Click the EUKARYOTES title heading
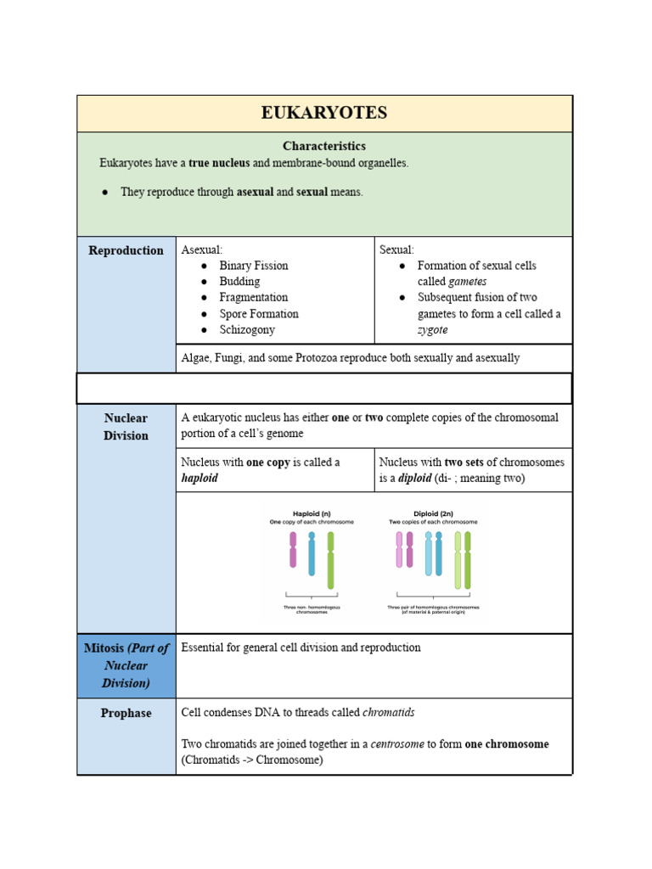pyautogui.click(x=324, y=113)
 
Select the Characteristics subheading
pyautogui.click(x=324, y=146)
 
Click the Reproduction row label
pyautogui.click(x=126, y=250)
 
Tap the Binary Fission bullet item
pyautogui.click(x=253, y=266)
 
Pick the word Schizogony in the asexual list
pyautogui.click(x=247, y=330)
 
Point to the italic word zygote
pyautogui.click(x=432, y=330)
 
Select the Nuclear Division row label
pyautogui.click(x=126, y=427)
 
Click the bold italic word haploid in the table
pyautogui.click(x=200, y=479)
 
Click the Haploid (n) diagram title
pyautogui.click(x=312, y=513)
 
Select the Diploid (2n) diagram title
pyautogui.click(x=433, y=513)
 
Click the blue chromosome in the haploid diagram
pyautogui.click(x=312, y=553)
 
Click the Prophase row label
pyautogui.click(x=126, y=714)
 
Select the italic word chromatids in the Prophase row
pyautogui.click(x=389, y=713)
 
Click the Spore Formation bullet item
pyautogui.click(x=258, y=314)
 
